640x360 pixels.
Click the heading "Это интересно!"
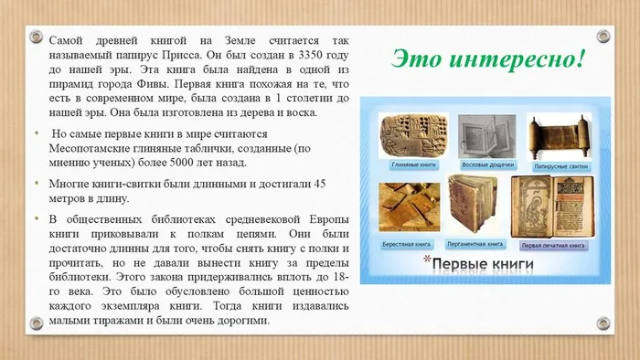point(490,58)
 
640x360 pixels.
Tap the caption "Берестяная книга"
point(409,245)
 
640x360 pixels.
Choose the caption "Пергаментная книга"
point(475,245)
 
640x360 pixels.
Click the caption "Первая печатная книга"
point(551,245)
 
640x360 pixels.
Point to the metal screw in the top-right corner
point(603,36)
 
